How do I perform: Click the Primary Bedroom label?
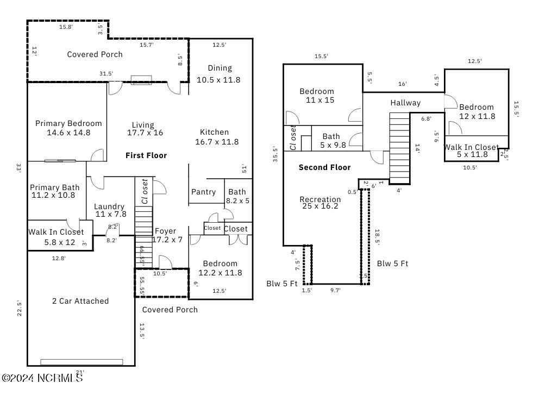point(68,124)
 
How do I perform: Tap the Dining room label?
point(220,68)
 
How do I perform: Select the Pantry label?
point(203,192)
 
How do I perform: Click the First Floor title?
point(146,155)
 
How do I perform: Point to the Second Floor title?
point(324,167)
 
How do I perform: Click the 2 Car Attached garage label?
point(80,301)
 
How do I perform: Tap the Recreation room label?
point(320,200)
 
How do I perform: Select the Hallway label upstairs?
point(405,103)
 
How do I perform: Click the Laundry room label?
point(109,206)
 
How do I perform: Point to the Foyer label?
point(165,231)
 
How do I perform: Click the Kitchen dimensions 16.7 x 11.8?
point(217,142)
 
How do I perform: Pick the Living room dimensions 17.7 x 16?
point(145,133)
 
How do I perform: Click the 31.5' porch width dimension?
point(106,74)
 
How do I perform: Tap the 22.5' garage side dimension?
point(19,308)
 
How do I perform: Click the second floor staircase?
point(399,148)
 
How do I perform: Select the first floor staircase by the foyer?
point(142,239)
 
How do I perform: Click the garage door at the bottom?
point(82,362)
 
